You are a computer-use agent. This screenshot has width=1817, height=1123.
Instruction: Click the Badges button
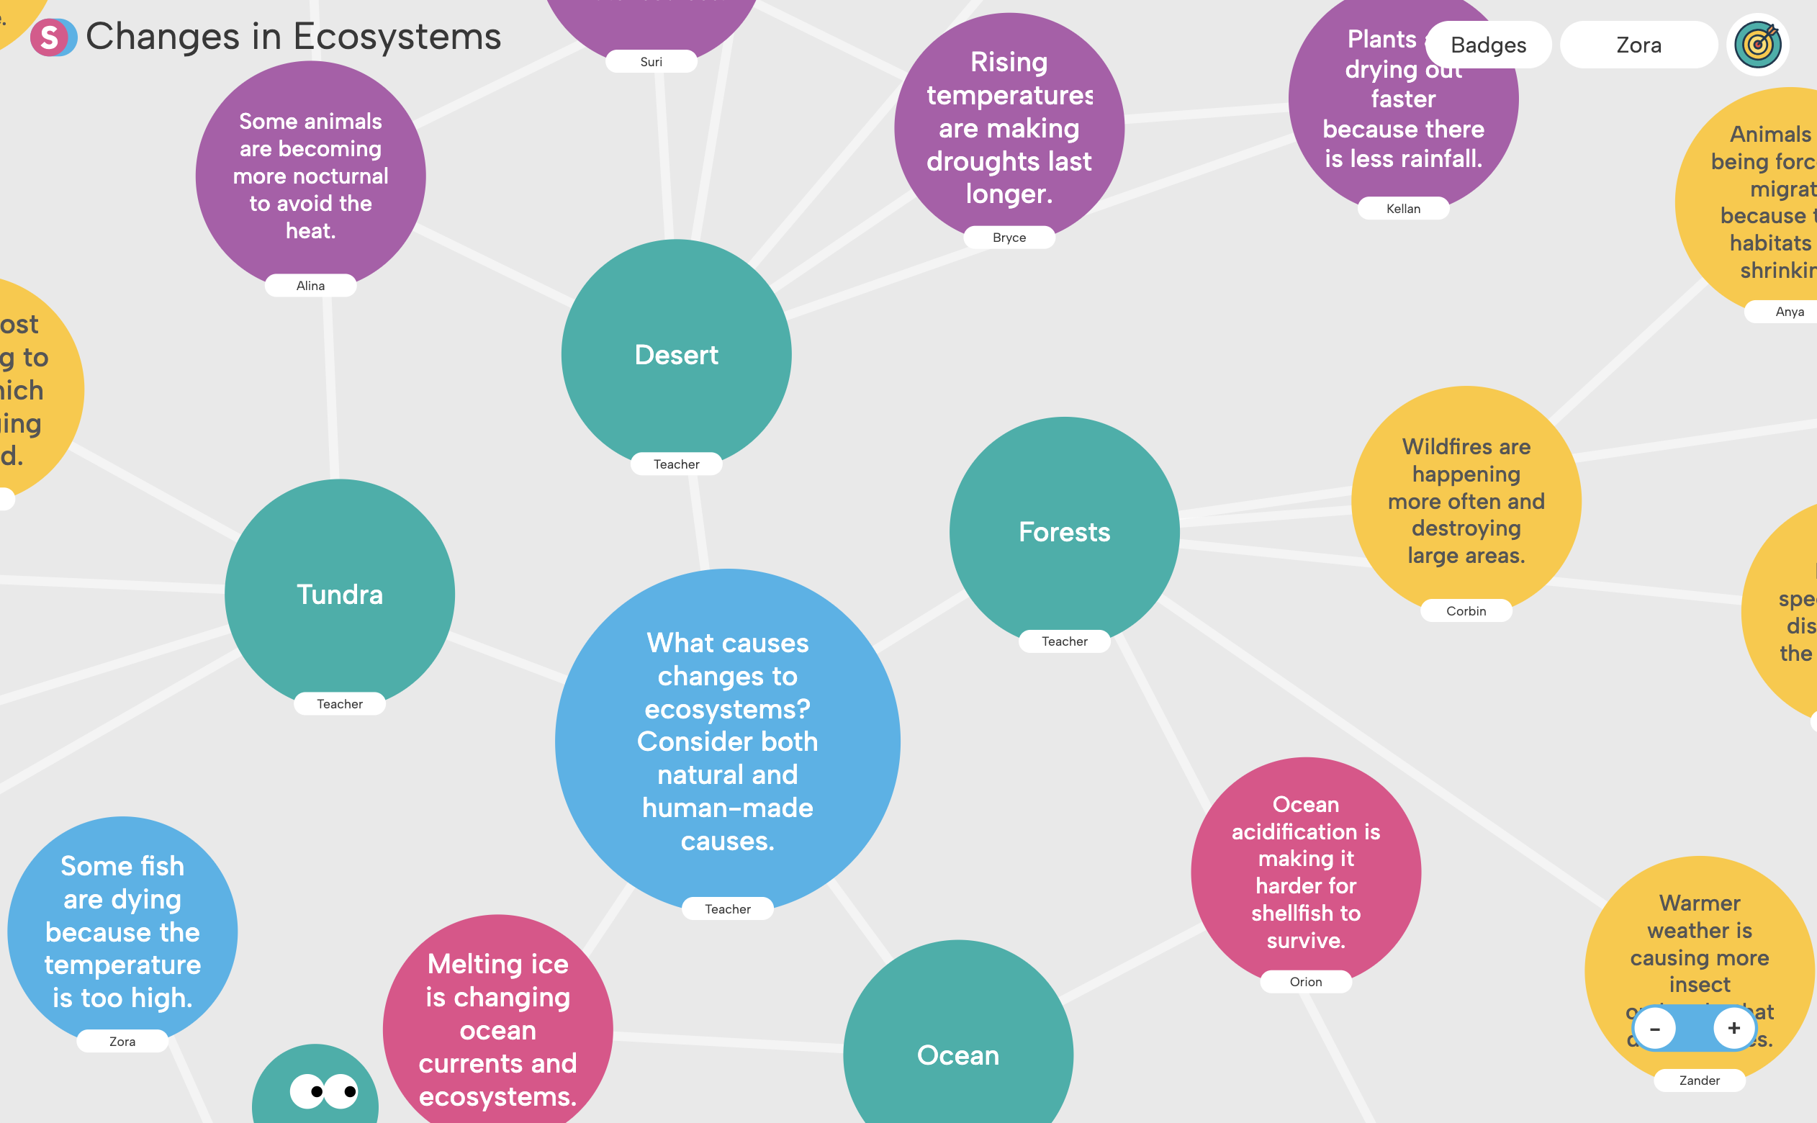tap(1488, 45)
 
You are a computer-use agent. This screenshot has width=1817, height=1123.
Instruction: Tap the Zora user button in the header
tap(1638, 45)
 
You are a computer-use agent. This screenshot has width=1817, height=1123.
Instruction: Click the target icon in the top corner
tap(1757, 45)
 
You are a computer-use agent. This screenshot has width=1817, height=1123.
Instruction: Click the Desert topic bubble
tap(676, 355)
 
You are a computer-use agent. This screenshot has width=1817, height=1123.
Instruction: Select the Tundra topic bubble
tap(339, 594)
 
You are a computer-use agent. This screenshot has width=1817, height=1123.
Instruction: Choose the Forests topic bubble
tap(1064, 532)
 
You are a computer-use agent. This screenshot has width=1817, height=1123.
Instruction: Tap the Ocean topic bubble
tap(958, 1055)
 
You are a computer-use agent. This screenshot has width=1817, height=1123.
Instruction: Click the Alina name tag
tap(310, 286)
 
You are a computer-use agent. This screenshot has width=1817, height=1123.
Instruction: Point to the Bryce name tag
tap(1009, 238)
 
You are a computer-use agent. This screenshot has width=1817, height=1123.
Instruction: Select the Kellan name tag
tap(1402, 209)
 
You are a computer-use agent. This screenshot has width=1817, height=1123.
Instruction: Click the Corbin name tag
tap(1466, 611)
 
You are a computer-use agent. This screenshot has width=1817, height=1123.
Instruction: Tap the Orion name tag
tap(1305, 982)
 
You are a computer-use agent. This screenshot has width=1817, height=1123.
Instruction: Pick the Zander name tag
tap(1699, 1081)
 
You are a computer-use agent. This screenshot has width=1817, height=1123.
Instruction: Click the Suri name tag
tap(651, 62)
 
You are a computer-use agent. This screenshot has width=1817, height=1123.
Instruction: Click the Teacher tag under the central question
tap(728, 909)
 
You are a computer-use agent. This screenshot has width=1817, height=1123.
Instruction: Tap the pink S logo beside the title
tap(50, 37)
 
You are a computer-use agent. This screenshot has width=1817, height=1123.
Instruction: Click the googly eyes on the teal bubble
tap(324, 1091)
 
